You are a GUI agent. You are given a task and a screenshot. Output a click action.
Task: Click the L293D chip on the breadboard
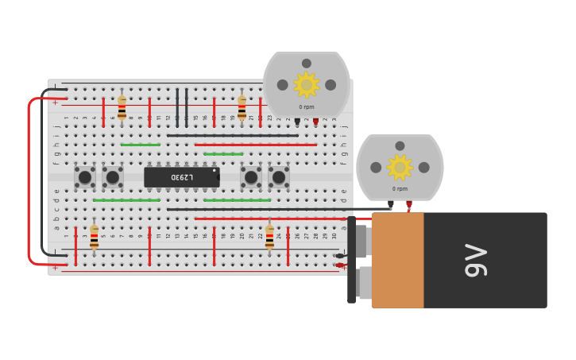182,177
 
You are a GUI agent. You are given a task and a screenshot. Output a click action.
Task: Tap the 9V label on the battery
475,260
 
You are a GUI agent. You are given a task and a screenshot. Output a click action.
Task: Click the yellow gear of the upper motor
306,84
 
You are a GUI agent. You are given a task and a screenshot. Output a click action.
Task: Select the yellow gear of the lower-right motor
399,167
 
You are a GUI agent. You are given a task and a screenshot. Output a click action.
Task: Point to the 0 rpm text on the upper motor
307,106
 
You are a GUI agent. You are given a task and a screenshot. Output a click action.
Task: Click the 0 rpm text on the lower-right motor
400,189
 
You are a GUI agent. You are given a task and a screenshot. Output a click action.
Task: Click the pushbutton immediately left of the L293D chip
113,177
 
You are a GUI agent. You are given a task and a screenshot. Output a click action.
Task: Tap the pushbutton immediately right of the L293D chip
251,177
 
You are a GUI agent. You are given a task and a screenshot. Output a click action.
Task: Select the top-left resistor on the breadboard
122,108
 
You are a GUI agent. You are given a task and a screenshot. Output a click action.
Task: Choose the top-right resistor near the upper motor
242,108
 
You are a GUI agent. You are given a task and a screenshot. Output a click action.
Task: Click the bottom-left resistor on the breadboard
94,236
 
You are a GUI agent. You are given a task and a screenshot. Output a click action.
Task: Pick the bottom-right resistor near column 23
269,236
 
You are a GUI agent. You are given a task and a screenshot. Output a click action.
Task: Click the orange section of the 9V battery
397,260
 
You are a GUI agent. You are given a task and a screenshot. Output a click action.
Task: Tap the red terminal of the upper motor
315,121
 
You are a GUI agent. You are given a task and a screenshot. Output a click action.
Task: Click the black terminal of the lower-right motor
390,203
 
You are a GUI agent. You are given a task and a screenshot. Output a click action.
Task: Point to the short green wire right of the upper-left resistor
140,145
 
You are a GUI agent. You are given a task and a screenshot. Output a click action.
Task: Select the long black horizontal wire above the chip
232,135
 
